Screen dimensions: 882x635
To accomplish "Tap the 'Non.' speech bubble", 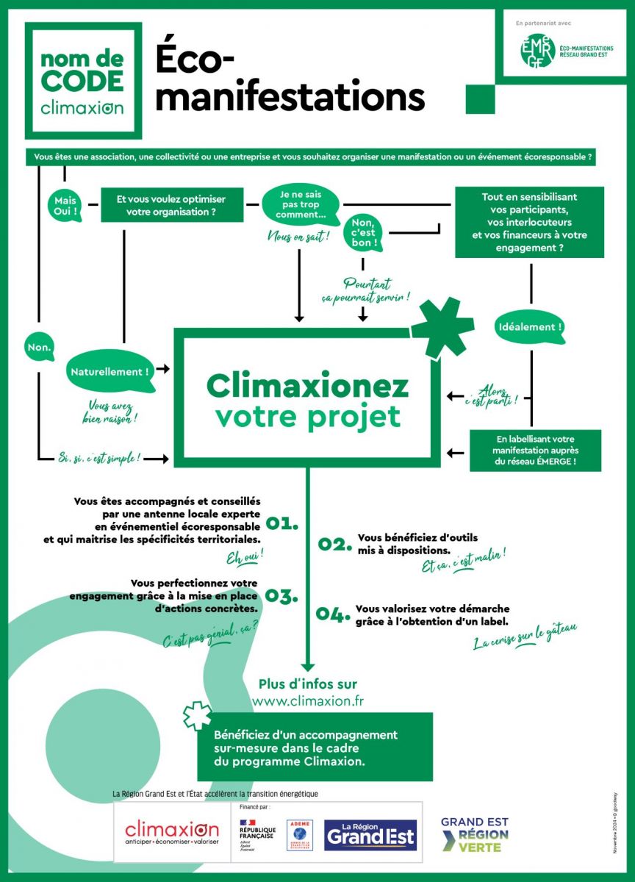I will click(40, 350).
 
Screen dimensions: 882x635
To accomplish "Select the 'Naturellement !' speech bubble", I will click(110, 371).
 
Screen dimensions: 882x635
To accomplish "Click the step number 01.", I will click(282, 523).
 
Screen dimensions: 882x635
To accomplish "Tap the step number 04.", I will click(333, 615).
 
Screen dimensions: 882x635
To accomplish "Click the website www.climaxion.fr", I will click(308, 701).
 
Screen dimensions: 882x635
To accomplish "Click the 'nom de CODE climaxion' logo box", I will click(82, 81).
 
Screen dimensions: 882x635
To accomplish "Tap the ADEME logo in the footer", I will click(299, 835).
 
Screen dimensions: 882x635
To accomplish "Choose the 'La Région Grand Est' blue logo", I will click(370, 835).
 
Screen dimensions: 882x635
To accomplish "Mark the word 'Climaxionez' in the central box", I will click(307, 385).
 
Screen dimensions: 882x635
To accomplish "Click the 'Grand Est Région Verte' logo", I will click(474, 834).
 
